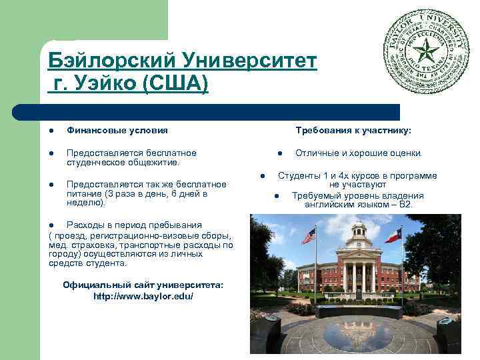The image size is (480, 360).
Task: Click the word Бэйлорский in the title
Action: pyautogui.click(x=106, y=61)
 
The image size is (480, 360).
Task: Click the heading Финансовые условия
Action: pyautogui.click(x=117, y=130)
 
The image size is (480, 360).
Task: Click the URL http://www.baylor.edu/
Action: pyautogui.click(x=143, y=295)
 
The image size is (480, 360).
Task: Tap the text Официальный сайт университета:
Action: pyautogui.click(x=143, y=285)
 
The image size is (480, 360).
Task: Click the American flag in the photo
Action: pyautogui.click(x=308, y=235)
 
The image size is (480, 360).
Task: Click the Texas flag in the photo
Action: pyautogui.click(x=393, y=235)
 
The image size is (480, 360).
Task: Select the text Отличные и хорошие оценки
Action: pyautogui.click(x=358, y=153)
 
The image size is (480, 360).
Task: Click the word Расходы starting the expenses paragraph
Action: pyautogui.click(x=84, y=225)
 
